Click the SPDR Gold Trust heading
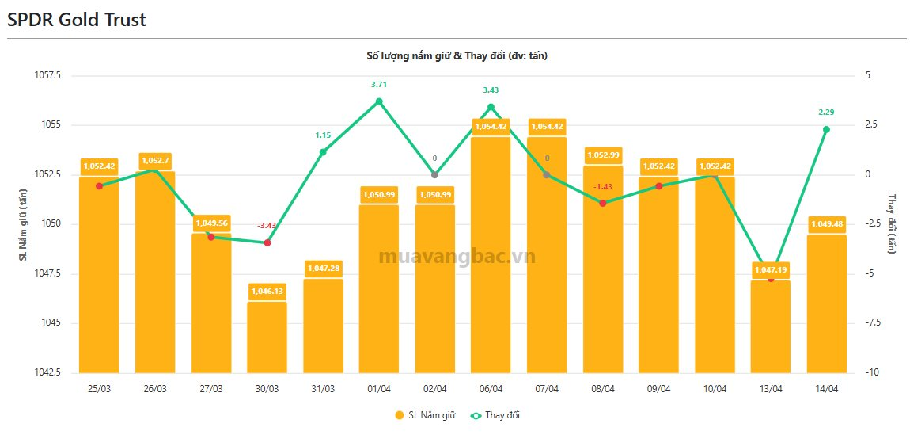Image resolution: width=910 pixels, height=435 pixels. click(77, 20)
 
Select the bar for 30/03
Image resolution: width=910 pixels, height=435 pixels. click(267, 337)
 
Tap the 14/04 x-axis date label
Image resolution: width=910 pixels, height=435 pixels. click(826, 388)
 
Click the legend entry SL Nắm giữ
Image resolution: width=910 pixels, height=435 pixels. click(426, 415)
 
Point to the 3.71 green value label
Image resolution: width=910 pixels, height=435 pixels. click(379, 84)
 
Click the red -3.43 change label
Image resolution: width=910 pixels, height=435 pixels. click(267, 226)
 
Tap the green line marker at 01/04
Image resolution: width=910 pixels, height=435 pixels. click(379, 101)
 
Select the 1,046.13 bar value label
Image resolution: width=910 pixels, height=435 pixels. click(267, 292)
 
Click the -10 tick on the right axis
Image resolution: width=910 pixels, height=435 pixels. click(868, 372)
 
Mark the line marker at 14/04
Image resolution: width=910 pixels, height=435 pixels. click(826, 129)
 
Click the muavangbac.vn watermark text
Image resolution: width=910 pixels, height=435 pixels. click(457, 257)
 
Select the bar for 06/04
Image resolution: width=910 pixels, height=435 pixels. click(491, 254)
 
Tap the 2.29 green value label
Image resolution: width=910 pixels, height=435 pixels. click(826, 112)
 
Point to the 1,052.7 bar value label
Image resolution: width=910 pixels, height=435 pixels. click(155, 161)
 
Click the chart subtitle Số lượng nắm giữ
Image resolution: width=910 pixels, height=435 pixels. click(457, 55)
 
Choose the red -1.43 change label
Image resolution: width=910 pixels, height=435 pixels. click(603, 186)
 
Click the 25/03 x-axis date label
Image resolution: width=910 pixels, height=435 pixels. click(99, 388)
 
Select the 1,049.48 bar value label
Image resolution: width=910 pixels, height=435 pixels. click(826, 224)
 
